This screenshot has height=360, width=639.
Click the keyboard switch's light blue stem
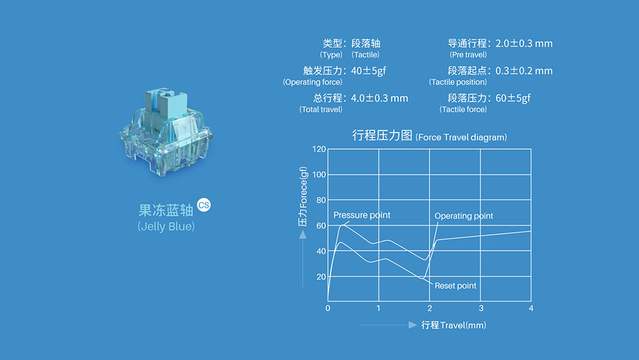coord(166,102)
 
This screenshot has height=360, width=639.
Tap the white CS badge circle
coord(204,205)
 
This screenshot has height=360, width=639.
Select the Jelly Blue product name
coord(166,226)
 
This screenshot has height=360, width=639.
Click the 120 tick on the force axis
coord(319,149)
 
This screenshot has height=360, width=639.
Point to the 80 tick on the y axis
coord(321,200)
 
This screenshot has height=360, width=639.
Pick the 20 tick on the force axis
coord(321,277)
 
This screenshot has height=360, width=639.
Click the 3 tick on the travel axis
coord(481,308)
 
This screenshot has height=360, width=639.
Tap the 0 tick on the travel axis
coord(328,308)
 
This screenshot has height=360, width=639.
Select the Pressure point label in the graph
coord(362,215)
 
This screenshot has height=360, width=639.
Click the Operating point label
coord(464,215)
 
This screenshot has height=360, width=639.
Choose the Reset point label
coord(455,286)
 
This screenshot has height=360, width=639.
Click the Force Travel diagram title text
coord(461,137)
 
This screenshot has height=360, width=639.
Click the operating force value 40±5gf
coord(369,71)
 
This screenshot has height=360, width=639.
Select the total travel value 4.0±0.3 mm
coord(380,98)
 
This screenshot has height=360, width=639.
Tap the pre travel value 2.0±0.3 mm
coord(524,43)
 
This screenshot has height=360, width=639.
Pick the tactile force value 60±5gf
coord(513,98)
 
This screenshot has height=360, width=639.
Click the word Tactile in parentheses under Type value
coord(366,54)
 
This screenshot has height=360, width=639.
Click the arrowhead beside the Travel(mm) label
coord(412,325)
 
